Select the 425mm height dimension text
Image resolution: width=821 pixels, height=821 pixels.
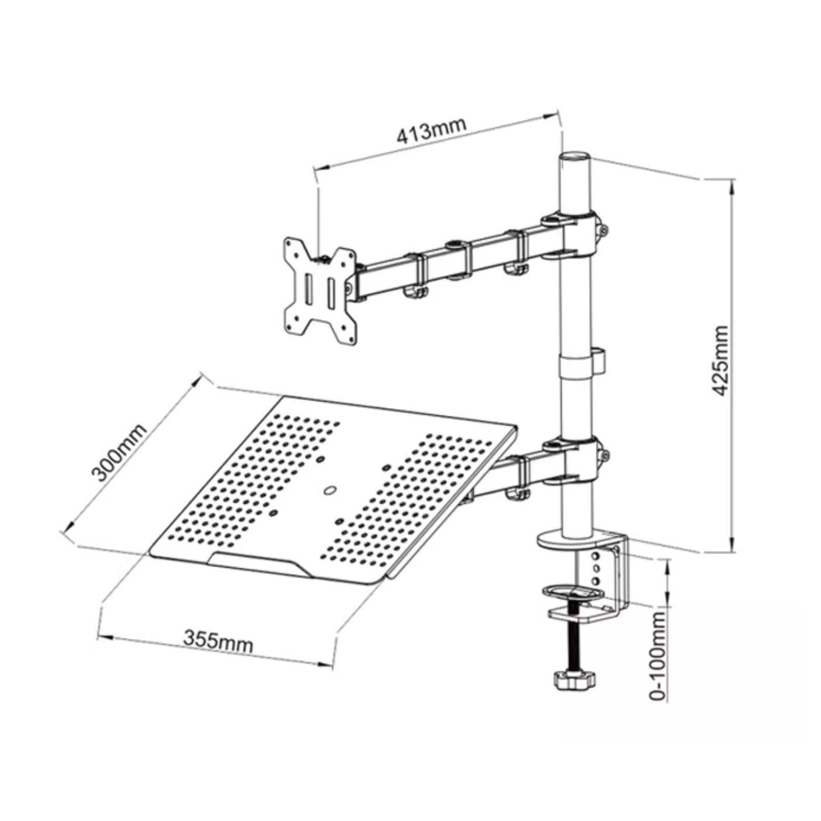(x=720, y=361)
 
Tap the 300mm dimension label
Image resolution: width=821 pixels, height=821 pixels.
(x=119, y=453)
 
